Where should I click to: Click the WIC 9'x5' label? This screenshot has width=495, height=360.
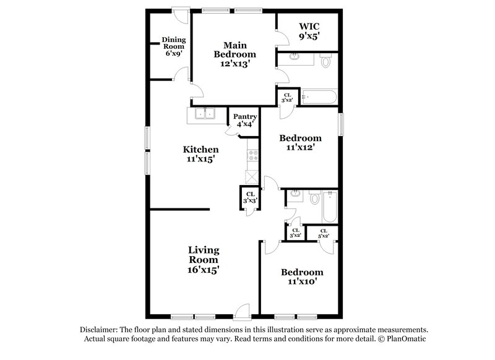coord(309,31)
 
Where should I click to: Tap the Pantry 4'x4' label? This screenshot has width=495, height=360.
coord(244,119)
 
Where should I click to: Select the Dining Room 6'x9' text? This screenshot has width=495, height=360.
coord(174,47)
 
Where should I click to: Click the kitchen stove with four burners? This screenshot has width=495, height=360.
coord(252,156)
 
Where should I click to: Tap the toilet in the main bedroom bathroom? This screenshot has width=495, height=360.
coord(326,61)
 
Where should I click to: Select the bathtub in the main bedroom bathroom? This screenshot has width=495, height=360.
coord(319,97)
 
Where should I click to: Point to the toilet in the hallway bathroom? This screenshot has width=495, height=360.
coord(314,199)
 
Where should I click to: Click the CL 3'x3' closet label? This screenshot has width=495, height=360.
coord(249,199)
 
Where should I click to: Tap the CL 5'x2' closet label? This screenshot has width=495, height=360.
coord(323,233)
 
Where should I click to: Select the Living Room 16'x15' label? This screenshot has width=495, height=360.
coord(204,260)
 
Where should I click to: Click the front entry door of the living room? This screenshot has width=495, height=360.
coord(243,309)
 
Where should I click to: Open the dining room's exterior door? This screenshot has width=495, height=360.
coord(179,14)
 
